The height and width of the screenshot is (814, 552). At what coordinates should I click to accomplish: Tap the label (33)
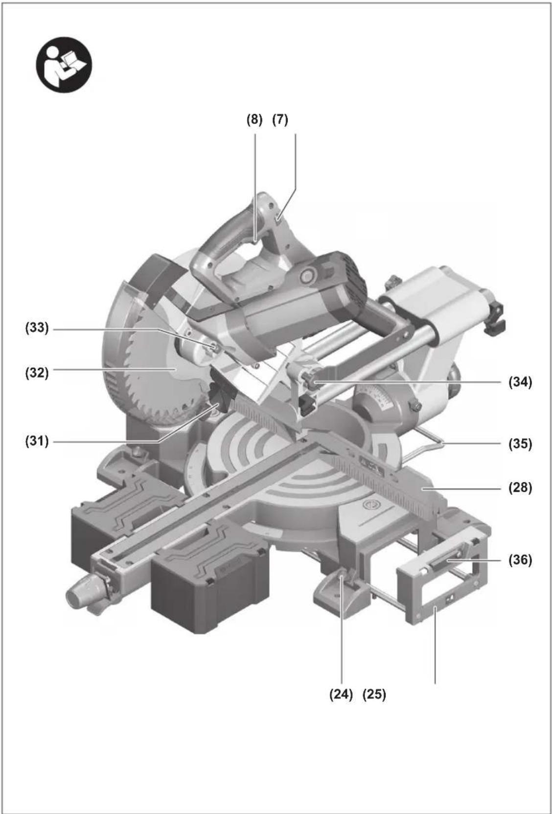[x=37, y=328]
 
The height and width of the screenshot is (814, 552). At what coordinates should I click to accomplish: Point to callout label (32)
[x=37, y=373]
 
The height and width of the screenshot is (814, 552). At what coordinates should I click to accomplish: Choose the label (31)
[x=37, y=441]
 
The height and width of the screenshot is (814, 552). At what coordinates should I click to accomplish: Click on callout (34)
[x=520, y=382]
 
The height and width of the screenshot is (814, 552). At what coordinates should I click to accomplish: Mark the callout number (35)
[x=520, y=444]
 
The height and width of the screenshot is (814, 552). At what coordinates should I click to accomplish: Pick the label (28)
[x=520, y=487]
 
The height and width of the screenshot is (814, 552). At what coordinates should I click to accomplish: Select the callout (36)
[x=520, y=560]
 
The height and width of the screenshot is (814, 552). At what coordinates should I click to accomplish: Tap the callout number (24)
[x=341, y=694]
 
